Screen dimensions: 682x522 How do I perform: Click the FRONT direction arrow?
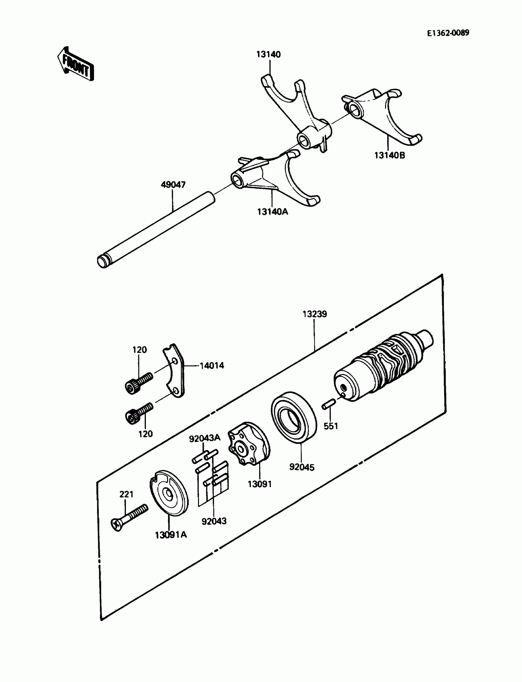tap(76, 64)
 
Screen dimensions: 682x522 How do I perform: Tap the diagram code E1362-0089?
tap(448, 33)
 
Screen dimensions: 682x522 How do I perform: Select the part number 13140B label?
tap(390, 155)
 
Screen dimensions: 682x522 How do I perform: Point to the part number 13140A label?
tap(272, 212)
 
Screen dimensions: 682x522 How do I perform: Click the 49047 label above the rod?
tap(173, 185)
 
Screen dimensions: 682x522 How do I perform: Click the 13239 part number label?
tap(315, 314)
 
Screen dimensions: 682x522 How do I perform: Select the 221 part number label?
tap(127, 494)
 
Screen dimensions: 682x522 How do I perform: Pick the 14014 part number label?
tap(212, 366)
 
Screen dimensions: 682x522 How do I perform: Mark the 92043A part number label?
tap(205, 438)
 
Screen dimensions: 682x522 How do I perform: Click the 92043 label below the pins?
tap(214, 521)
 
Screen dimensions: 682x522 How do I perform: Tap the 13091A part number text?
tap(171, 535)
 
